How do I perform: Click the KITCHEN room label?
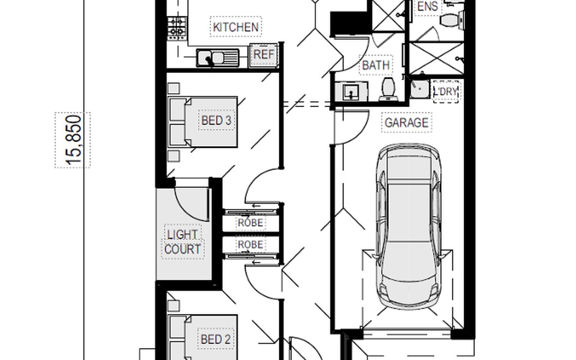(236, 27)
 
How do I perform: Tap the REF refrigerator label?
(264, 55)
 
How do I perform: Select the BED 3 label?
(216, 120)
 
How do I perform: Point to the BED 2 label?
(216, 339)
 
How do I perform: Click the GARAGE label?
(407, 123)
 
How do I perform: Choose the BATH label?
(376, 65)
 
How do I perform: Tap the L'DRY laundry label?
(445, 91)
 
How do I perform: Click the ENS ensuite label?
(428, 6)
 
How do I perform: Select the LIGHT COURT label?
(182, 242)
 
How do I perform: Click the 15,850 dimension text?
(73, 140)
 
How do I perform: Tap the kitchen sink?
(217, 58)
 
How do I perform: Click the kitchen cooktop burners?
(177, 28)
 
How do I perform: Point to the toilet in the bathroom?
(388, 89)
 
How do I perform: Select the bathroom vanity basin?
(351, 92)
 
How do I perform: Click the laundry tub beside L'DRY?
(420, 89)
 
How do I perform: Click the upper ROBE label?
(251, 223)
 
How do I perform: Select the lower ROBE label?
(251, 244)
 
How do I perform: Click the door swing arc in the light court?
(186, 211)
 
